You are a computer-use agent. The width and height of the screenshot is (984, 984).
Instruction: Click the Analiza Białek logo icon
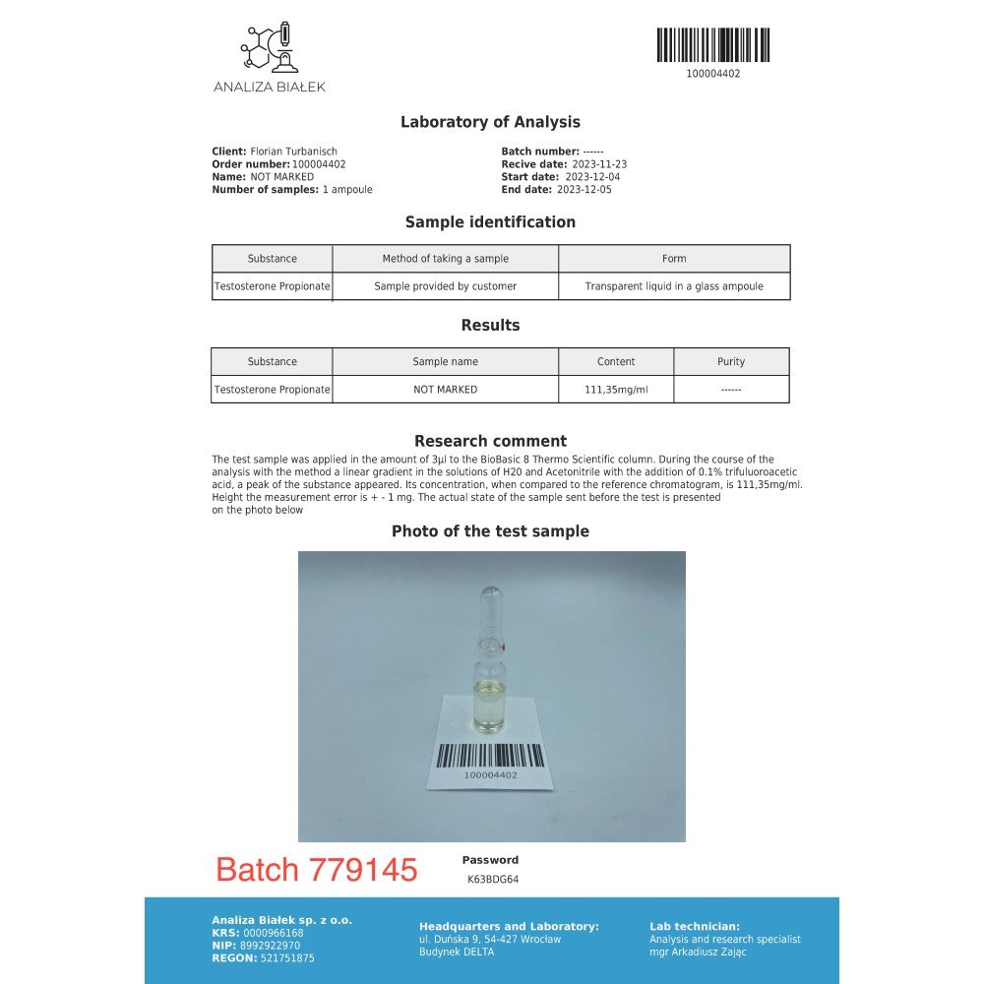tap(269, 47)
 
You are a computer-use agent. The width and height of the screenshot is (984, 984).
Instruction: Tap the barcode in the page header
tap(712, 45)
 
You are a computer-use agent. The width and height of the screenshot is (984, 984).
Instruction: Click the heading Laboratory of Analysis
tap(490, 122)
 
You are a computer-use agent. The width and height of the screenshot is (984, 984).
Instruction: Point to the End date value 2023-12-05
tap(584, 190)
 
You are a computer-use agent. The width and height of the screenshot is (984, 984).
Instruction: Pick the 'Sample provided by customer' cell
tap(445, 286)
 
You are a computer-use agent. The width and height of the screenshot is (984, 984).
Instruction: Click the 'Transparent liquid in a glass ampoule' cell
tap(674, 286)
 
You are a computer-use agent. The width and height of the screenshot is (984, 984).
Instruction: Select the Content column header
tap(616, 361)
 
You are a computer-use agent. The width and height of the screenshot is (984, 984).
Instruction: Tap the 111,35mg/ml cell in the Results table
tap(616, 390)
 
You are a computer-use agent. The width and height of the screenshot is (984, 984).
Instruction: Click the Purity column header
tap(731, 361)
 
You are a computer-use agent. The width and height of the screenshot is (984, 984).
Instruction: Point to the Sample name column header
tap(445, 361)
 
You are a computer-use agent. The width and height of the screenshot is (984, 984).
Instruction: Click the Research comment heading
tap(490, 441)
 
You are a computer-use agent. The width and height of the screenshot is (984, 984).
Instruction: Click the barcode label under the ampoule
tap(490, 759)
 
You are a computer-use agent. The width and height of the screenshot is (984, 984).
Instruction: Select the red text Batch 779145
tap(317, 870)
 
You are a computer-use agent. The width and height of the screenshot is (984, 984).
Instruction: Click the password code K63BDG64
tap(493, 880)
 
